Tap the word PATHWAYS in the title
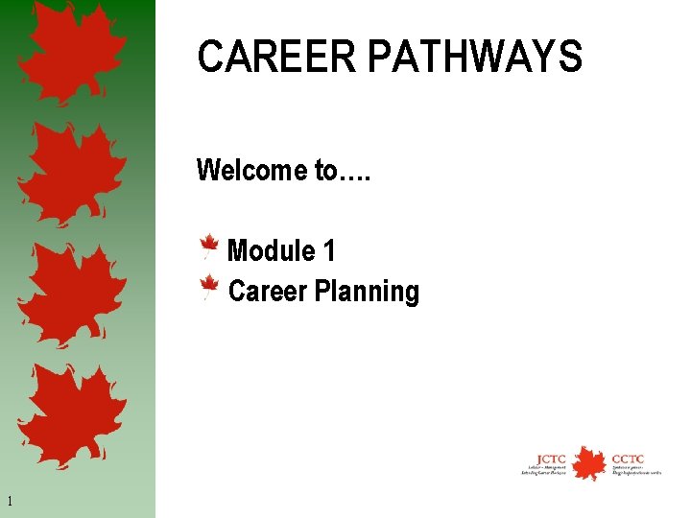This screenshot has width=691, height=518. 474,57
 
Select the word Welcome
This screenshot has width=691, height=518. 250,171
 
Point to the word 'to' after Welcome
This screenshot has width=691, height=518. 325,172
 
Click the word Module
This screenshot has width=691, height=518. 272,251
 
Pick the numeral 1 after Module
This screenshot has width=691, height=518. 329,251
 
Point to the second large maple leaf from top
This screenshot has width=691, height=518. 71,173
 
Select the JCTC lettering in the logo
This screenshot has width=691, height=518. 551,458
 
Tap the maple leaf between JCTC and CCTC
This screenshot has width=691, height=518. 587,463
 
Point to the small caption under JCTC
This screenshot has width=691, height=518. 544,471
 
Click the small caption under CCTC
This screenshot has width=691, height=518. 635,471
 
